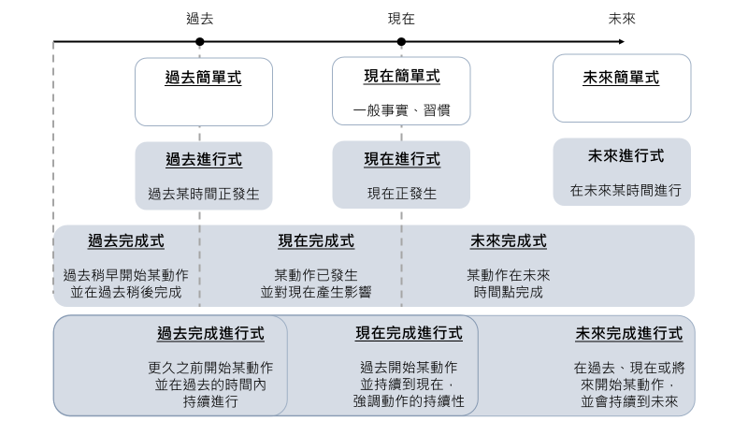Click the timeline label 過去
(x=199, y=18)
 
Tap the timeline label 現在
(x=401, y=18)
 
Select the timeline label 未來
(x=622, y=18)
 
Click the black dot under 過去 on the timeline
(x=199, y=41)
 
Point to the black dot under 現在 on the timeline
(x=401, y=41)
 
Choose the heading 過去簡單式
(x=203, y=79)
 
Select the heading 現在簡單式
(x=401, y=76)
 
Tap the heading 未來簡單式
(x=621, y=79)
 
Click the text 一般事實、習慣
(x=401, y=110)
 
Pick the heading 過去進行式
(x=203, y=159)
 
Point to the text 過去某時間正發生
(x=203, y=195)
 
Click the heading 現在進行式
(x=401, y=159)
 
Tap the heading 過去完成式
(x=126, y=241)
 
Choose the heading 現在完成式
(x=316, y=241)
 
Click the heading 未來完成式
(x=509, y=241)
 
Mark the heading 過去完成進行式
(x=210, y=333)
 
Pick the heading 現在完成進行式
(x=409, y=333)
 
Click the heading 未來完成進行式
(x=628, y=333)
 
